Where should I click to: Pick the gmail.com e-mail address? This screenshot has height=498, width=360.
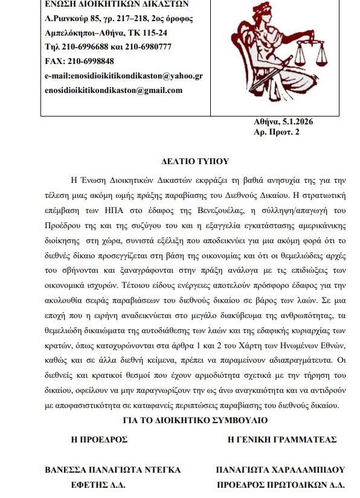[x=114, y=90]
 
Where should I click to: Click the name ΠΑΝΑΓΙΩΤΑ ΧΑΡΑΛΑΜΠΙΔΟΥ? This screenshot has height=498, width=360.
[x=280, y=470]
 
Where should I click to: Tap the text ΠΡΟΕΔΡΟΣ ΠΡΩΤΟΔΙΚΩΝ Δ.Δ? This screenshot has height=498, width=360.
[x=280, y=484]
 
